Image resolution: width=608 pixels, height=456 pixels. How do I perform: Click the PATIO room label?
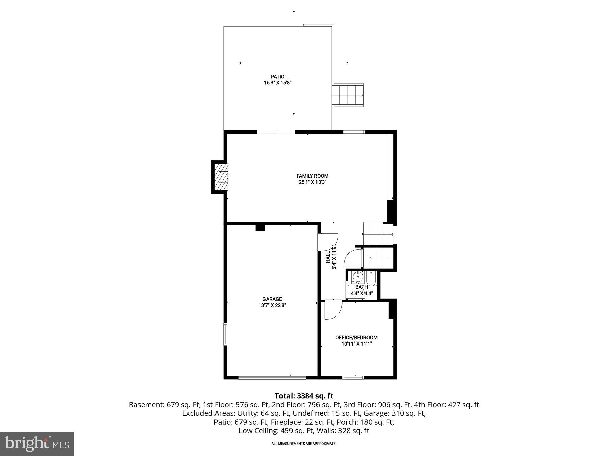(x=277, y=77)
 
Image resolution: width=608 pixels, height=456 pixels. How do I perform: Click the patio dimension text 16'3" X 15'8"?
(x=277, y=83)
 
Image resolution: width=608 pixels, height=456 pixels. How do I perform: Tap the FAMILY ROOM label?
(x=312, y=176)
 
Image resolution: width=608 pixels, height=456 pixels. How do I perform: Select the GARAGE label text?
(x=272, y=299)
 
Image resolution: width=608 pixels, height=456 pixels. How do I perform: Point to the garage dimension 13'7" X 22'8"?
(x=272, y=305)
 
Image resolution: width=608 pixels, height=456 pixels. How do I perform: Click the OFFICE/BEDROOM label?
(x=356, y=337)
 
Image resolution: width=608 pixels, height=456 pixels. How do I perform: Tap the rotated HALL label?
(x=328, y=257)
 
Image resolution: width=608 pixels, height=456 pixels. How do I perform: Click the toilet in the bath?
(x=371, y=279)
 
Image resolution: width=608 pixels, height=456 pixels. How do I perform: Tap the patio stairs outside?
(x=348, y=96)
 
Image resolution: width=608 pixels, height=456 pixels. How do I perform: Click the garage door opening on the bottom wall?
(x=272, y=377)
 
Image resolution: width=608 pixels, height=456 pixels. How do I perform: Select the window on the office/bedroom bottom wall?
(x=353, y=377)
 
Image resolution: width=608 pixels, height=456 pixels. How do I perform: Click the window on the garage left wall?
(x=225, y=334)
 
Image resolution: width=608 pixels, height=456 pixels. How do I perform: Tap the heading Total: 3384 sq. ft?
(x=304, y=396)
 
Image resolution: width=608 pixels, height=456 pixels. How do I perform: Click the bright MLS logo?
(x=37, y=444)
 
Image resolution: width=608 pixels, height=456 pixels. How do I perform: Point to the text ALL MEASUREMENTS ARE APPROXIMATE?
(x=304, y=444)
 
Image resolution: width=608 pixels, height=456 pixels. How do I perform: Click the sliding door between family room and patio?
(x=276, y=132)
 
